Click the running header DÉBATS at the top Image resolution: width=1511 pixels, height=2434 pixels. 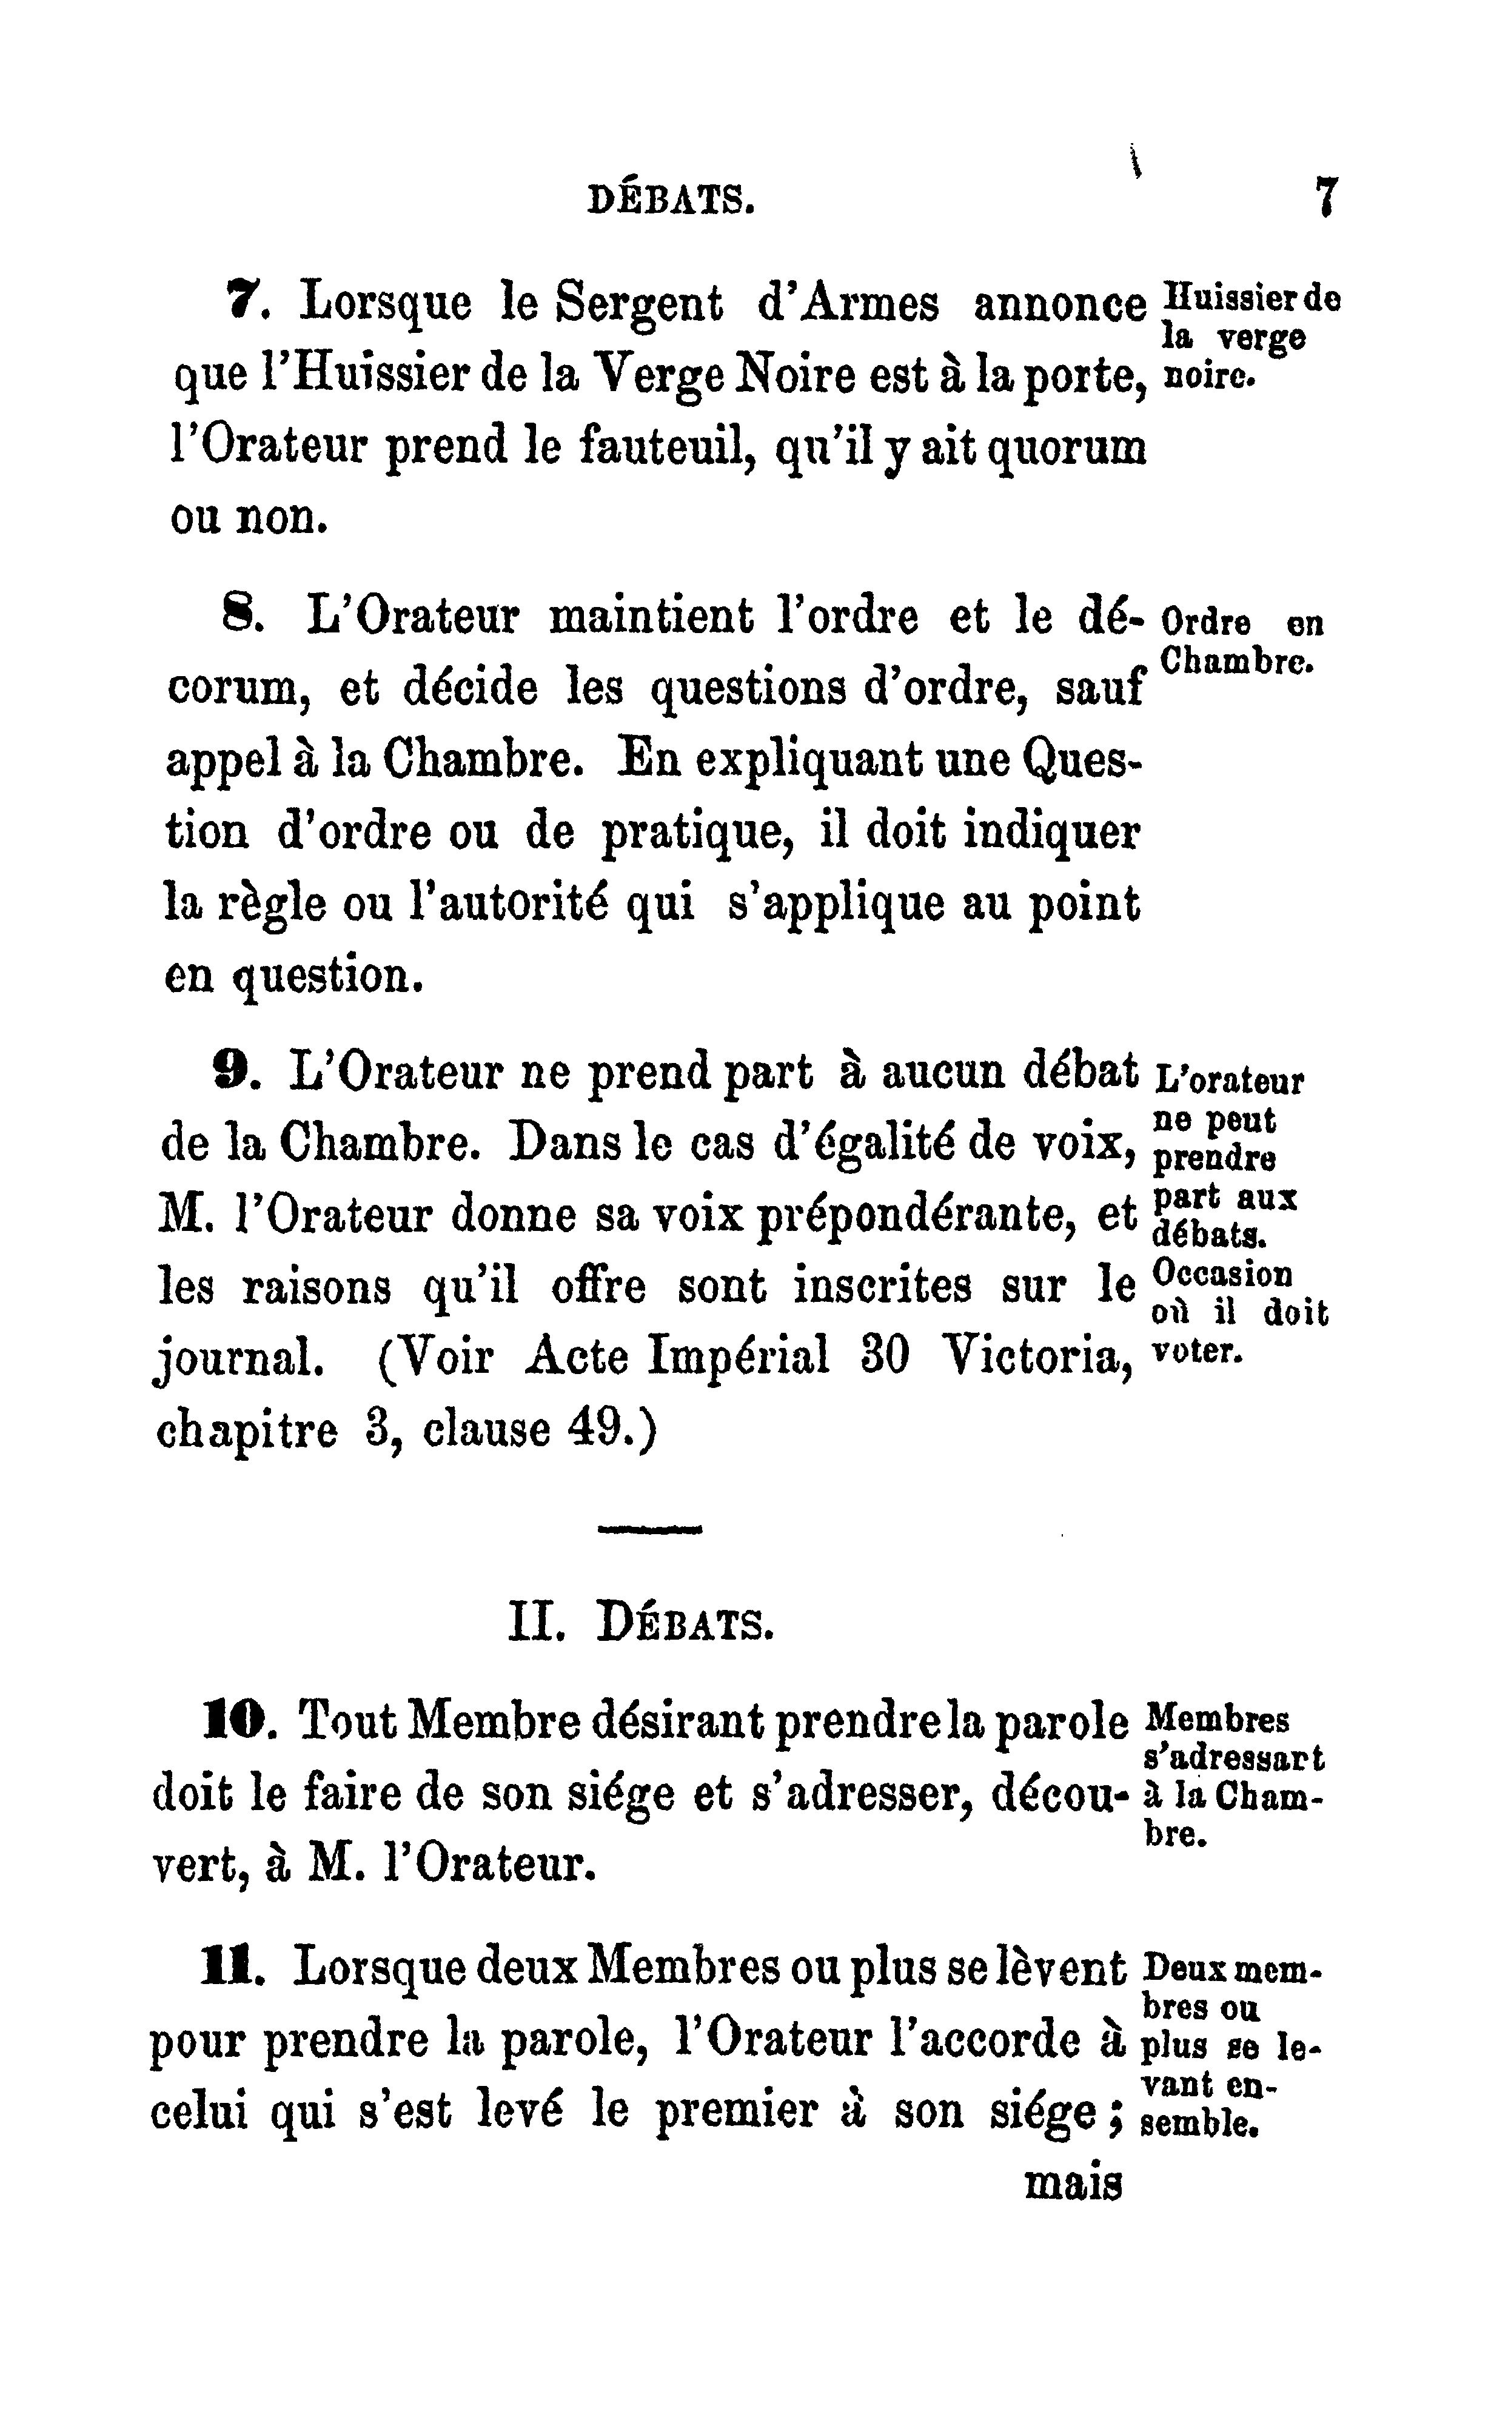tap(669, 202)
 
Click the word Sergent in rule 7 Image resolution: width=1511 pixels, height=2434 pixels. tap(640, 305)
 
